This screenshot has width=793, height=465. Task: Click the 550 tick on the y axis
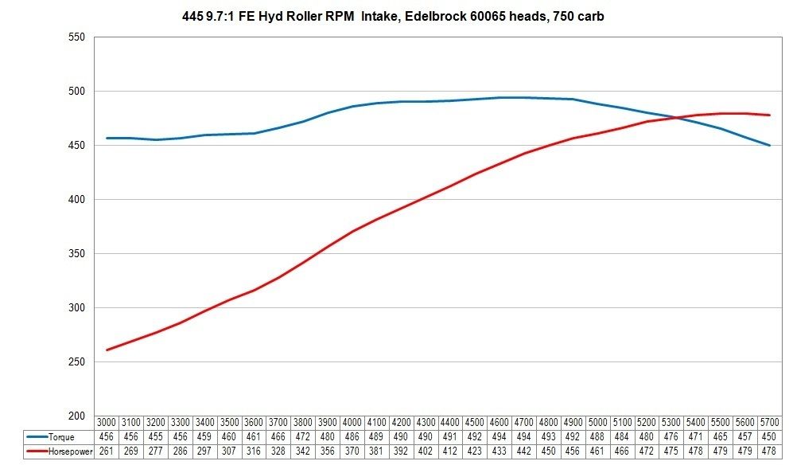pyautogui.click(x=76, y=37)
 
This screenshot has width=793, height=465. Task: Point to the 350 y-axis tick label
pyautogui.click(x=76, y=253)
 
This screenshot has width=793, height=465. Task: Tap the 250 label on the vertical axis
pyautogui.click(x=76, y=361)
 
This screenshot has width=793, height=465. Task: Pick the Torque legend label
pyautogui.click(x=61, y=436)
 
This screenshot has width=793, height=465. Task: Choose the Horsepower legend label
pyautogui.click(x=70, y=451)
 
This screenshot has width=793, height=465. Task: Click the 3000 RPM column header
pyautogui.click(x=107, y=422)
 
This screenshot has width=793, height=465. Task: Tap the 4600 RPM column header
pyautogui.click(x=500, y=422)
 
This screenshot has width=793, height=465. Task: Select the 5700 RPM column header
pyautogui.click(x=769, y=422)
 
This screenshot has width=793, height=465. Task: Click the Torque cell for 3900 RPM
pyautogui.click(x=327, y=436)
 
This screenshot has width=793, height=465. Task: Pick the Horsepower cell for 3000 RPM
pyautogui.click(x=107, y=451)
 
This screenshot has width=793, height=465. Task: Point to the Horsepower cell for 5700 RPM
pyautogui.click(x=769, y=451)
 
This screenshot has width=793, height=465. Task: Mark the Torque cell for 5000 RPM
pyautogui.click(x=597, y=436)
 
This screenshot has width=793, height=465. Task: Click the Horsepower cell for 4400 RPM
pyautogui.click(x=450, y=451)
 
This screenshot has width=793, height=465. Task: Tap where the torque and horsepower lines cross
pyautogui.click(x=675, y=118)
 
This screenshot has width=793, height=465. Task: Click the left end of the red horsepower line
pyautogui.click(x=107, y=350)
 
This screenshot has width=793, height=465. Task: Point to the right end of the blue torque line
pyautogui.click(x=770, y=146)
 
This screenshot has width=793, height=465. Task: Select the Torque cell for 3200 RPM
pyautogui.click(x=155, y=436)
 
